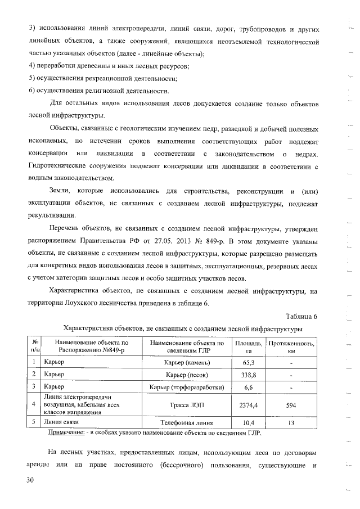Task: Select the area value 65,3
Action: click(248, 362)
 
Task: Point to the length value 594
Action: click(291, 404)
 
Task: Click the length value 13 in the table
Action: click(291, 422)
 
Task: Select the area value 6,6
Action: click(248, 387)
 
